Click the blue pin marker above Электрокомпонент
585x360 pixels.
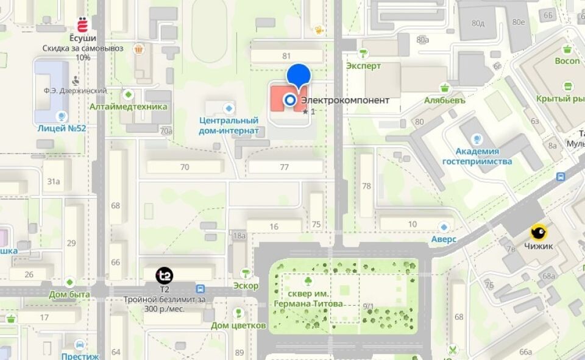(x=299, y=75)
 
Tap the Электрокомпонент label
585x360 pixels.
(x=345, y=101)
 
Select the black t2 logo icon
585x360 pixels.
(x=165, y=276)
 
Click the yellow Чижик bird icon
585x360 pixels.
(x=538, y=232)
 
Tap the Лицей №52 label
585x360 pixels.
(x=62, y=128)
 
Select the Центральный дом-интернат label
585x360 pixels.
(x=229, y=125)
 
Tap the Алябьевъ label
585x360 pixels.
(x=445, y=101)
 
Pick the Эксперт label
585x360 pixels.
(x=363, y=66)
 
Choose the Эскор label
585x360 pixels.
(x=246, y=286)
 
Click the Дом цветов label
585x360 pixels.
(x=238, y=325)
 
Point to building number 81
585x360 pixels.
(x=286, y=56)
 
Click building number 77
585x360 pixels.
(x=285, y=167)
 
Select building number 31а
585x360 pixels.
(x=54, y=181)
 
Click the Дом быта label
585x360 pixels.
(x=69, y=294)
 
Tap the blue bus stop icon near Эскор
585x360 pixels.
(x=200, y=288)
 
